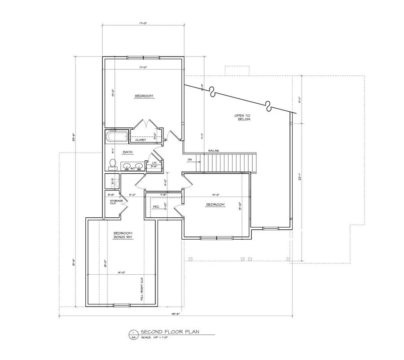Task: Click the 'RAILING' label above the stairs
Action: click(213, 151)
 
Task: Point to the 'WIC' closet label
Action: click(156, 206)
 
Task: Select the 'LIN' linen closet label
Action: click(154, 162)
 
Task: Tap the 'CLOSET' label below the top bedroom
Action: click(141, 140)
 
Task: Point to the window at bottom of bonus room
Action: click(121, 306)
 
